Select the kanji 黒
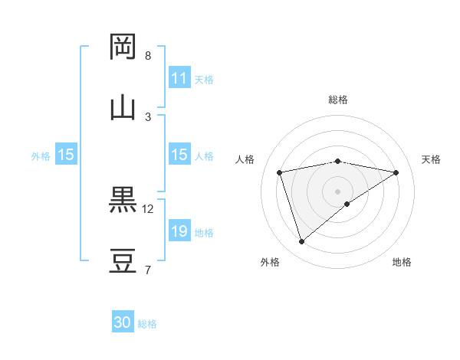(x=123, y=200)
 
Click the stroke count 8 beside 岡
(x=148, y=56)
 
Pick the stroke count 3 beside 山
(x=148, y=116)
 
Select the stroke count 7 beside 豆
(x=148, y=270)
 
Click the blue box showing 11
(x=179, y=78)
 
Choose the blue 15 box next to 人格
(x=179, y=155)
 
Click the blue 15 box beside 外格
(x=66, y=155)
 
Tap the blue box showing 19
(x=179, y=231)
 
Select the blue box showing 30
(x=123, y=322)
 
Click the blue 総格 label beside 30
(x=147, y=324)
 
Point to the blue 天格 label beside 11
(x=204, y=80)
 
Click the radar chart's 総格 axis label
(x=338, y=100)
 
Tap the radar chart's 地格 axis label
(x=402, y=262)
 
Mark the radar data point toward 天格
(x=396, y=172)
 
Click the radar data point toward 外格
(x=301, y=242)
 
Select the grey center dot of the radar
(x=338, y=191)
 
